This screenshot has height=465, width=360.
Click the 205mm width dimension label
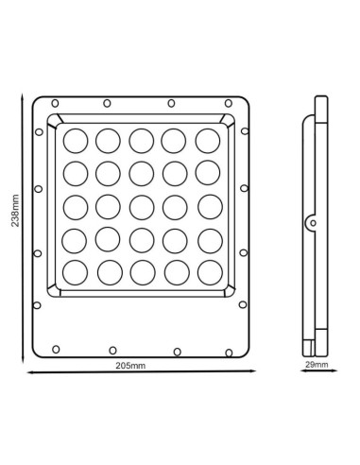click(x=136, y=363)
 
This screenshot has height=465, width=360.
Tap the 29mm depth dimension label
click(x=318, y=363)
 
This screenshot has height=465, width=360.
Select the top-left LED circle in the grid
click(x=77, y=140)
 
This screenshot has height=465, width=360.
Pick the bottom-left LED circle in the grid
click(x=77, y=271)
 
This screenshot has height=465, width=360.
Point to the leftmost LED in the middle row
click(x=77, y=206)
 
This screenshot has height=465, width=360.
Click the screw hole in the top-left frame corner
click(x=55, y=103)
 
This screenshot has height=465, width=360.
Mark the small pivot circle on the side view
click(x=311, y=222)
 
